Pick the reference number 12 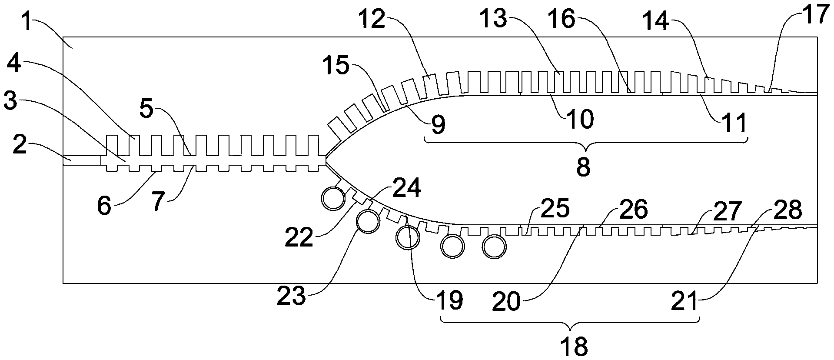(x=372, y=19)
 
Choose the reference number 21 (x=684, y=301)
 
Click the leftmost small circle (x=333, y=199)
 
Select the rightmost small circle (x=495, y=247)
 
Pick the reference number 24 (x=407, y=188)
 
